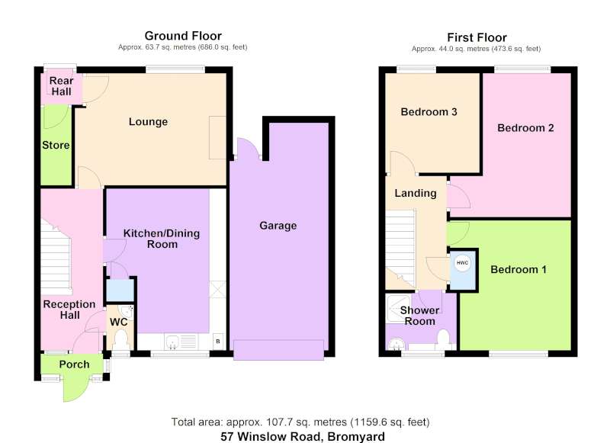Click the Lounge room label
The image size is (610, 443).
(x=148, y=122)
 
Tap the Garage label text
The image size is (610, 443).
(x=278, y=226)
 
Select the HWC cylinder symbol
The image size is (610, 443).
(x=462, y=263)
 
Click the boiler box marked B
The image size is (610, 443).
(x=218, y=341)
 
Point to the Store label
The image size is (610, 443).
(x=56, y=145)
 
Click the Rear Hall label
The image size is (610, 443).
(x=62, y=86)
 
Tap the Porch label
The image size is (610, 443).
(x=74, y=364)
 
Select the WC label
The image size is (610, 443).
(x=119, y=322)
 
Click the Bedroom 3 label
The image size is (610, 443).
(x=429, y=112)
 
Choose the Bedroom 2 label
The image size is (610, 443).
(x=525, y=128)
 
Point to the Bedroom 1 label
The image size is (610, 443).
(x=518, y=269)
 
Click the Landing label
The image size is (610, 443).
(x=416, y=194)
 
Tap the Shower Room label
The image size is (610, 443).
(x=420, y=316)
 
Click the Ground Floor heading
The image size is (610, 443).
(x=183, y=36)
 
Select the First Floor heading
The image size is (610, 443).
(x=477, y=37)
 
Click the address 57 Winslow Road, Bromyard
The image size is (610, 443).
(x=303, y=437)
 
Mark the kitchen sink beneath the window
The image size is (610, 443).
(x=173, y=342)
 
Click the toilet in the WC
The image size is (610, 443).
(x=120, y=339)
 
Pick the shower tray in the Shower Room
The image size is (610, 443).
(x=398, y=309)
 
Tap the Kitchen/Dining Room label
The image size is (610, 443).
(x=162, y=239)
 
